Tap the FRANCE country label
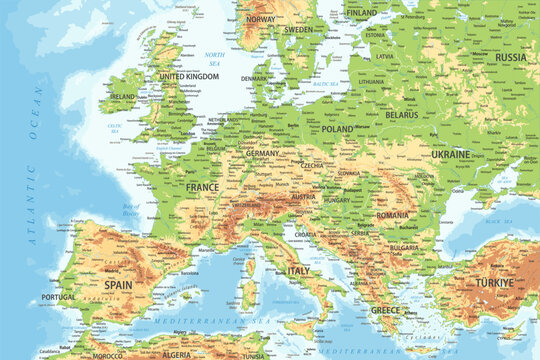coord(202,187)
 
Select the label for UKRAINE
coord(451,155)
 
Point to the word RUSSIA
coord(510,57)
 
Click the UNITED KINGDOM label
coord(188,76)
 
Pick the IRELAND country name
coord(122,97)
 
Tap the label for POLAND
coord(338,129)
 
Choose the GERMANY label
coord(263,153)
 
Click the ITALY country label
coord(299,270)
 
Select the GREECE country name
coord(385,310)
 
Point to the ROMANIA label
coord(392,215)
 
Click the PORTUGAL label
coord(60,296)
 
